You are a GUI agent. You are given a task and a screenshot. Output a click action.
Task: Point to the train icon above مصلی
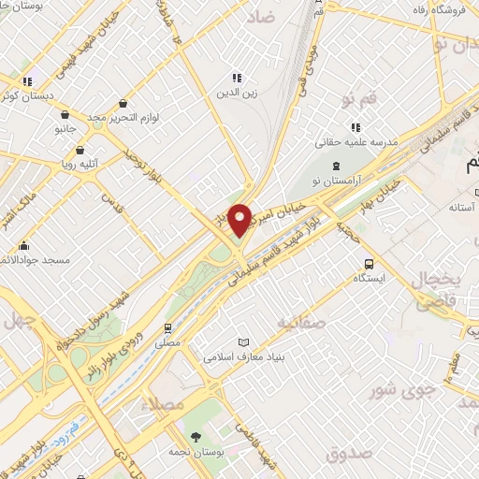(x=168, y=328)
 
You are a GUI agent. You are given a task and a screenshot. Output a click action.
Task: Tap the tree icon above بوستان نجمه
(x=195, y=438)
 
